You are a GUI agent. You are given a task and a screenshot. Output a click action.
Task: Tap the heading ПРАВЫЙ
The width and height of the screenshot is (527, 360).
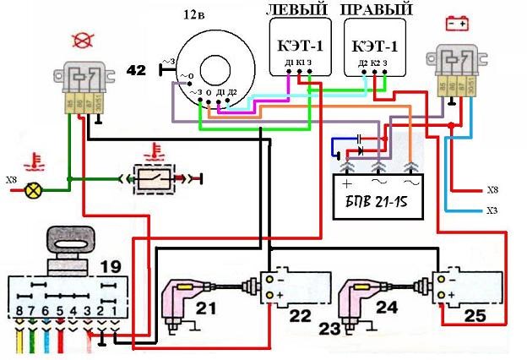coord(378,10)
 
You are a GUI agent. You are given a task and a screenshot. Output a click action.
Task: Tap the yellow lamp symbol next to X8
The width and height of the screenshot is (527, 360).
coord(34,190)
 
